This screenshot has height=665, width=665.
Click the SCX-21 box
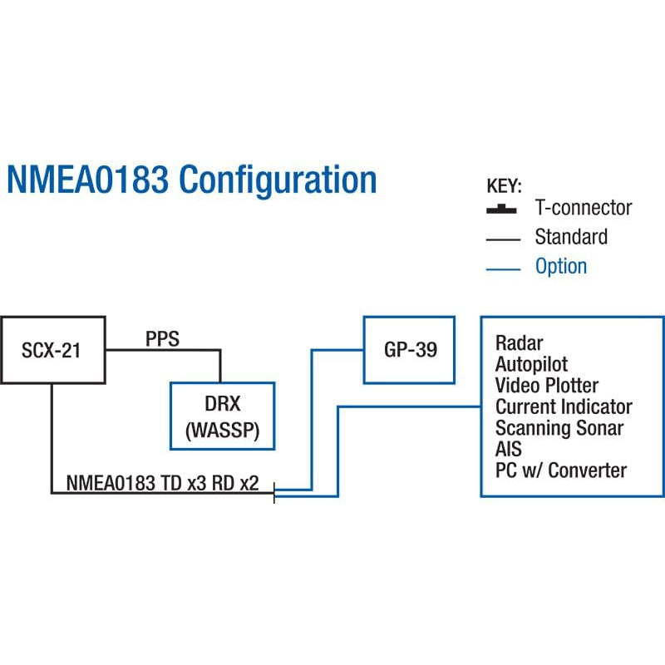click(x=52, y=350)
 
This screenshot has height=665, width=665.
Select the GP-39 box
click(x=409, y=350)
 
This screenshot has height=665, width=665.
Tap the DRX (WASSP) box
click(x=222, y=416)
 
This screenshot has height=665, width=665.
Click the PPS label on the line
click(x=163, y=339)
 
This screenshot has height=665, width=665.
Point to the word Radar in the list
click(x=519, y=342)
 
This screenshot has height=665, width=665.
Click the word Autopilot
click(x=532, y=364)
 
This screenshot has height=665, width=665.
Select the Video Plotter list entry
click(x=546, y=386)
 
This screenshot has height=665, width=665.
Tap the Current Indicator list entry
click(x=564, y=407)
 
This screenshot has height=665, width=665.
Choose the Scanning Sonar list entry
click(x=559, y=428)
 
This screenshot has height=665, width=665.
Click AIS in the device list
click(x=509, y=450)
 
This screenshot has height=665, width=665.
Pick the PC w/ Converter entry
click(x=560, y=470)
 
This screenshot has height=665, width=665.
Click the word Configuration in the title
click(x=278, y=180)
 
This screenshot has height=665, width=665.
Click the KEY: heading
click(x=504, y=185)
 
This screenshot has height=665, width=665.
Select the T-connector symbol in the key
click(x=502, y=208)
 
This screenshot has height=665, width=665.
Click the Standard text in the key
click(x=570, y=237)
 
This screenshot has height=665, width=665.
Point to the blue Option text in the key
click(x=561, y=267)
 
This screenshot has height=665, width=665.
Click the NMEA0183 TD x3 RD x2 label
click(x=163, y=481)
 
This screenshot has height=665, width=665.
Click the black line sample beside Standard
click(x=502, y=239)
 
